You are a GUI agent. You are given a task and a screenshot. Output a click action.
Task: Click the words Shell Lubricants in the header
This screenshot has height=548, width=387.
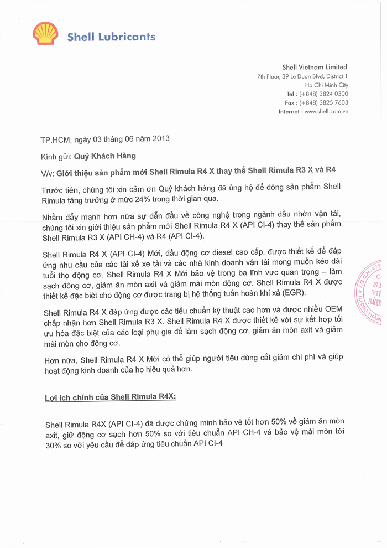point(111,37)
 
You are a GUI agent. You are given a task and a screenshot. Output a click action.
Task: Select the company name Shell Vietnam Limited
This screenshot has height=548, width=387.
point(314,67)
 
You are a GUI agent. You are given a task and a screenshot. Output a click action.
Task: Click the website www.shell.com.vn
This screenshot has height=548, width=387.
point(326,112)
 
